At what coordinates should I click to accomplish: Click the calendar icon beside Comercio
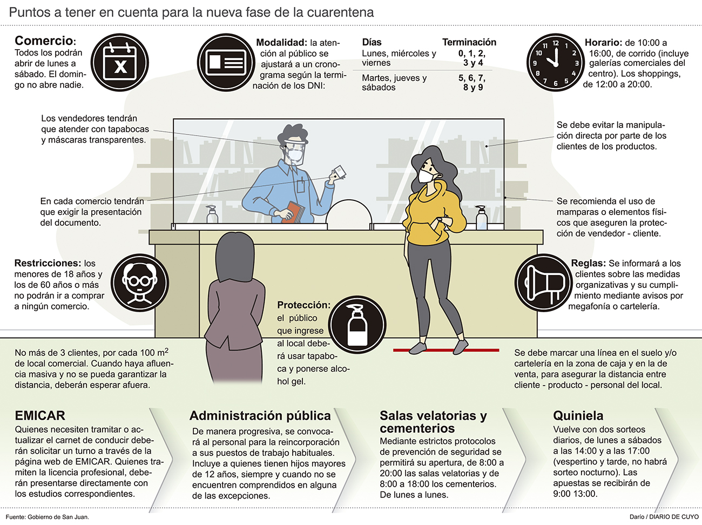click(120, 63)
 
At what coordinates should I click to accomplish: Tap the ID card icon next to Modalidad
click(226, 63)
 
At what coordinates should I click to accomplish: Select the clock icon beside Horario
click(556, 63)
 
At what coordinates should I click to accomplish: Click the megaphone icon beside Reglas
click(544, 283)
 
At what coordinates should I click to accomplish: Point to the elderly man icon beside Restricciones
click(140, 283)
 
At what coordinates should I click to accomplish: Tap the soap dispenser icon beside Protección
click(357, 325)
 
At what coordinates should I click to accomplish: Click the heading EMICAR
click(40, 416)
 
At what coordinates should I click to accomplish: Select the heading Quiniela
click(578, 416)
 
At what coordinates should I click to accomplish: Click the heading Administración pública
click(260, 416)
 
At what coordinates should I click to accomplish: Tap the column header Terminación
click(469, 42)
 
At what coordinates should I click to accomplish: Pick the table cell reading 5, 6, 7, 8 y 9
click(472, 83)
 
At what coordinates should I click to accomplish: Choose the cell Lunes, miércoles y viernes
click(399, 58)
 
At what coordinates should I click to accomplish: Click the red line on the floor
click(446, 351)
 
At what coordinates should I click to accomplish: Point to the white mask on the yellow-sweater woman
click(426, 176)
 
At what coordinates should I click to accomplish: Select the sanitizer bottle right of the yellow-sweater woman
click(481, 218)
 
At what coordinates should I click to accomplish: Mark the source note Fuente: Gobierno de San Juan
click(48, 517)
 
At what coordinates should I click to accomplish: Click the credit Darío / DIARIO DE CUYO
click(664, 517)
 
